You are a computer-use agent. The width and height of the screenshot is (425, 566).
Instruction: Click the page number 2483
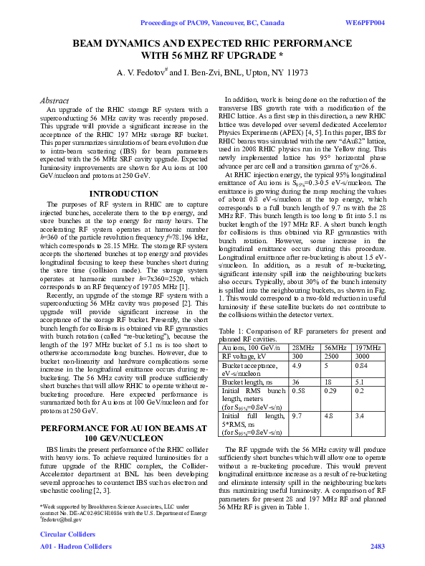tap(377, 547)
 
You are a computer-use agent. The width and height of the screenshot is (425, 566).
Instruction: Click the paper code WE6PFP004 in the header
tap(366, 23)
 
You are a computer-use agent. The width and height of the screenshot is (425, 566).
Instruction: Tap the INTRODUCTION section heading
tap(120, 194)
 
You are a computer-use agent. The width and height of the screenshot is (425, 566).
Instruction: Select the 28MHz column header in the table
tap(303, 347)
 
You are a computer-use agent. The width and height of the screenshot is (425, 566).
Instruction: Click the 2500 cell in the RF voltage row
tap(332, 356)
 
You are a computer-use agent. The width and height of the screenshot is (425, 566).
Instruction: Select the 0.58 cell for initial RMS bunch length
tap(299, 391)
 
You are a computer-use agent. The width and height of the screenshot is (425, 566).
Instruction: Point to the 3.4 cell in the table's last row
tap(361, 415)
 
